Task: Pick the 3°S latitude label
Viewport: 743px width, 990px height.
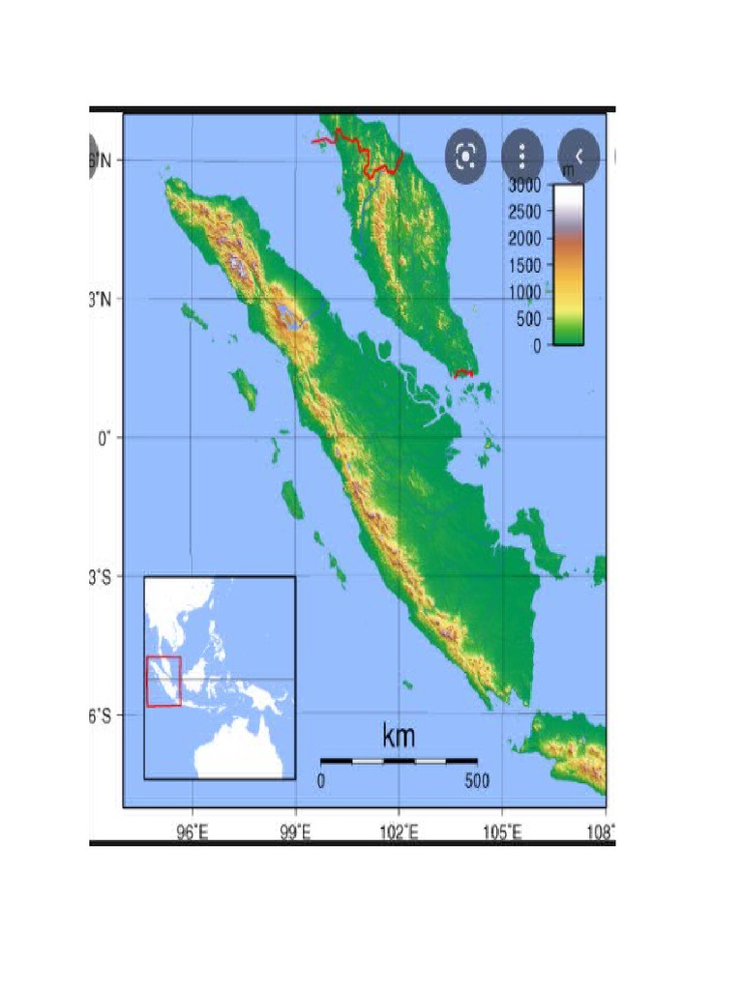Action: (106, 576)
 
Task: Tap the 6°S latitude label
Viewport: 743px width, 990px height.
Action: (106, 715)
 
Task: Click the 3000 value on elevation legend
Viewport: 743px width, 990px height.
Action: (527, 186)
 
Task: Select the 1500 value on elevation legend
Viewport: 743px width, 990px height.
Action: (527, 265)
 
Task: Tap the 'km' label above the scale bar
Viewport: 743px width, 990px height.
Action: (399, 737)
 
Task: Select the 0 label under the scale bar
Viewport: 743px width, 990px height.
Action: (321, 781)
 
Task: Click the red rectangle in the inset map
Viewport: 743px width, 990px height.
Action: (163, 681)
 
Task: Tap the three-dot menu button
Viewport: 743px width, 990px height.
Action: (522, 157)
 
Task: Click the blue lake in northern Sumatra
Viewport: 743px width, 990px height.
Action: (289, 313)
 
